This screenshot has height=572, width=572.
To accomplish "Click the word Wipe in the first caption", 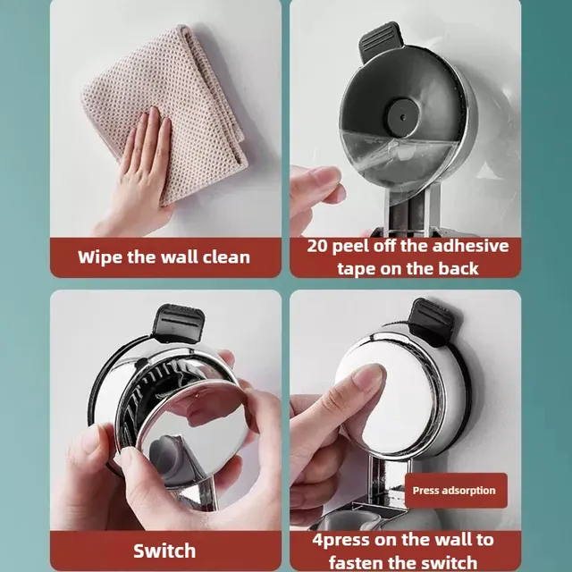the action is point(99,257).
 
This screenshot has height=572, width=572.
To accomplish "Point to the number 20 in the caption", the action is point(317,246).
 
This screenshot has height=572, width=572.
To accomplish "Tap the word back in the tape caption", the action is point(458,269).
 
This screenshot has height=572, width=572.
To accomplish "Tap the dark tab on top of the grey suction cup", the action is point(381,40).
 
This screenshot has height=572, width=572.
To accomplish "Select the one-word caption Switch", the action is point(164,551).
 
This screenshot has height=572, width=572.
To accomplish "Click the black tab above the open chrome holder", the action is point(178,324).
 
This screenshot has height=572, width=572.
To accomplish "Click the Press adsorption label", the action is point(454,491).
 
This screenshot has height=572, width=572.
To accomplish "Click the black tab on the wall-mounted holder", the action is point(433,321).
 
